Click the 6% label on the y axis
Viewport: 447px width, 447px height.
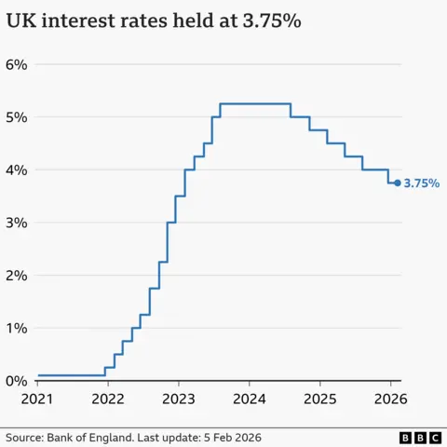click(17, 65)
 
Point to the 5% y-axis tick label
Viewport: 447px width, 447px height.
click(17, 117)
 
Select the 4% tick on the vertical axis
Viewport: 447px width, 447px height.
click(17, 170)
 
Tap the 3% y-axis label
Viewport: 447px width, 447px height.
click(17, 223)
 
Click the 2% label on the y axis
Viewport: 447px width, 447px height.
click(17, 276)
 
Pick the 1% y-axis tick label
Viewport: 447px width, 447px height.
click(17, 329)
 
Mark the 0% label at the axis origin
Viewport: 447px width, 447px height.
click(17, 381)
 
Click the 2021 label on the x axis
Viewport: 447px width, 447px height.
click(37, 400)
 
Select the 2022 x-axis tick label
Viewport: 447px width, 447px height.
click(108, 400)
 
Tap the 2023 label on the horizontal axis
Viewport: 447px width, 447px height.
click(179, 400)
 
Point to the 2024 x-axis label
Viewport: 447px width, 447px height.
click(250, 400)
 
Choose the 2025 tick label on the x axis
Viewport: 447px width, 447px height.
click(320, 400)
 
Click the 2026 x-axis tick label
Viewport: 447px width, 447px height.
click(391, 400)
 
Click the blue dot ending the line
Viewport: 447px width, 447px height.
click(397, 183)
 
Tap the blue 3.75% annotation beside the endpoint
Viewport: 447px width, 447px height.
click(421, 183)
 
